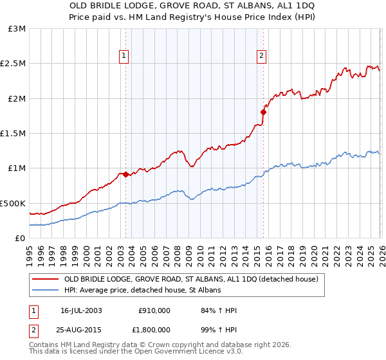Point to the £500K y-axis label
click(13, 203)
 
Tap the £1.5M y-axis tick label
click(14, 134)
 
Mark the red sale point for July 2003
click(125, 174)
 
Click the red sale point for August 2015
click(263, 113)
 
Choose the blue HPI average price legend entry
click(142, 291)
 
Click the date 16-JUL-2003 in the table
click(81, 310)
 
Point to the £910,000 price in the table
click(154, 310)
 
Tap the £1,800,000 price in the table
click(151, 330)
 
